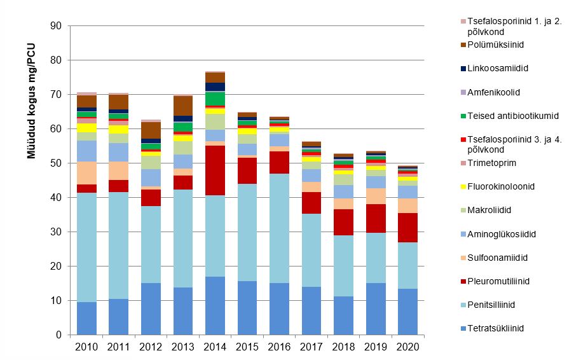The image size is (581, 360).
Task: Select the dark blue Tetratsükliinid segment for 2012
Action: coord(151,308)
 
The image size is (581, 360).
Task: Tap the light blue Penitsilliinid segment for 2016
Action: coord(279,228)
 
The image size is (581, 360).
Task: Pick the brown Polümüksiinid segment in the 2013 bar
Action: coord(183,106)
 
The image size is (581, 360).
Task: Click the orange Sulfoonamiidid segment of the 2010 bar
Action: coord(86,173)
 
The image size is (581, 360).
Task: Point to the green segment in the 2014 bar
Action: coord(215,99)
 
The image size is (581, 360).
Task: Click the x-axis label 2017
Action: coord(311,347)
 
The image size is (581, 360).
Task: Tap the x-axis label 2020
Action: coord(407,347)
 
